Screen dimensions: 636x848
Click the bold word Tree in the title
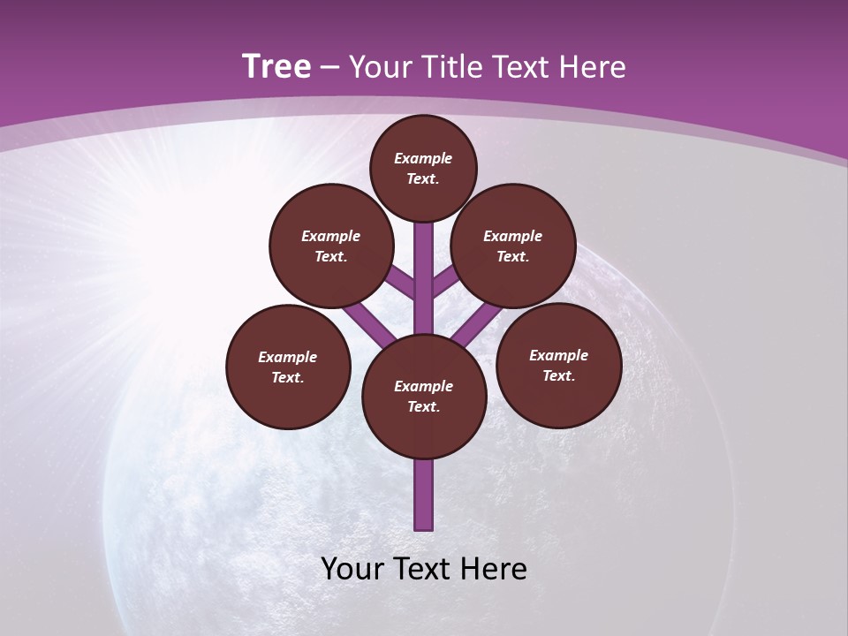point(276,67)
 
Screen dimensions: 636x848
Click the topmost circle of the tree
point(423,168)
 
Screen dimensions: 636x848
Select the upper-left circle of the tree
point(331,246)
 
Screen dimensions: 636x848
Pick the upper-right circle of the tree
point(513,246)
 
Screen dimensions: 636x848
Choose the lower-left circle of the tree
point(288,367)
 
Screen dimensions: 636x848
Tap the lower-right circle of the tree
point(558,365)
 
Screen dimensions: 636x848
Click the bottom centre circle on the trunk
point(424,397)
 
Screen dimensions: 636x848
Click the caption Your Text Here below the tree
point(424,569)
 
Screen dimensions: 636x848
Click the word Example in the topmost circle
point(423,159)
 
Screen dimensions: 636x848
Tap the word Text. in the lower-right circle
point(558,375)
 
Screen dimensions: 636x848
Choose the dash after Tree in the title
point(330,67)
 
